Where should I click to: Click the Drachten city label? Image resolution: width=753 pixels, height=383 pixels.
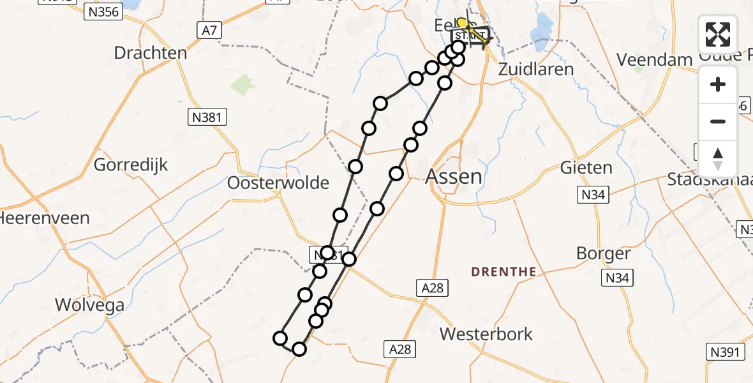pyautogui.click(x=151, y=53)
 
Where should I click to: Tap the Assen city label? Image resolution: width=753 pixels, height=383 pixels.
pyautogui.click(x=454, y=176)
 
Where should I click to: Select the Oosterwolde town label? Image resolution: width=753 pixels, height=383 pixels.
pyautogui.click(x=278, y=183)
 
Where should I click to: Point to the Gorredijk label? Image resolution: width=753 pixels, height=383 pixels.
pyautogui.click(x=131, y=165)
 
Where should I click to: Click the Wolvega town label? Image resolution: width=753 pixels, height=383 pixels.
pyautogui.click(x=90, y=305)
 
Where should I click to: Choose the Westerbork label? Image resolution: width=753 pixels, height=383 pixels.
pyautogui.click(x=486, y=334)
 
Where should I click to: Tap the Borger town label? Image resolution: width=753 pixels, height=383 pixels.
pyautogui.click(x=603, y=254)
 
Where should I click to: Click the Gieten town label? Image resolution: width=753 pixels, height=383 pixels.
pyautogui.click(x=586, y=169)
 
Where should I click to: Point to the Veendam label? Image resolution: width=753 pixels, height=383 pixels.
pyautogui.click(x=655, y=60)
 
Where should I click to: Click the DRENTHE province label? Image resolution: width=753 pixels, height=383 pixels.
pyautogui.click(x=503, y=272)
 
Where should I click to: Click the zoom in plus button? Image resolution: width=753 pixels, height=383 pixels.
pyautogui.click(x=718, y=85)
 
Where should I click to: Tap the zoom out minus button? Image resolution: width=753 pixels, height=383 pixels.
pyautogui.click(x=718, y=121)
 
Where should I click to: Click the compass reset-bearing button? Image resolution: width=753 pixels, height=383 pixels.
pyautogui.click(x=718, y=158)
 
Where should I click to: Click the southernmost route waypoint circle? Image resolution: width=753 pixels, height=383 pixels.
pyautogui.click(x=299, y=349)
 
